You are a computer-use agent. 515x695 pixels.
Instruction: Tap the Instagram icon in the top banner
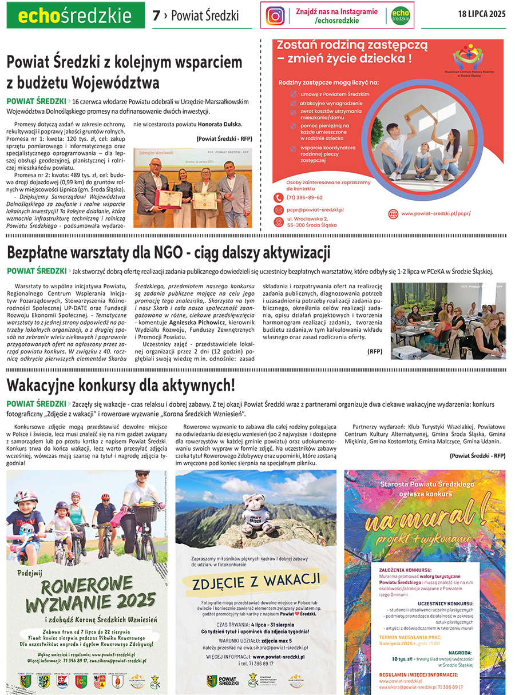(275, 16)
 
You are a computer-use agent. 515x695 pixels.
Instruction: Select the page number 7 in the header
(156, 16)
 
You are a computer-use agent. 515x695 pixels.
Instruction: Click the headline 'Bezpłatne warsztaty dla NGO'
(168, 252)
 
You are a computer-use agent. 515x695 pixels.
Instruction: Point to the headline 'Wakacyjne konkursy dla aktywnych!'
(121, 383)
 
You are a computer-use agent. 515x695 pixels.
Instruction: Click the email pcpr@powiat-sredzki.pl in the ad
(316, 210)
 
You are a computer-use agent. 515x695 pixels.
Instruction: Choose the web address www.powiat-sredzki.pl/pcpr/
(435, 213)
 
